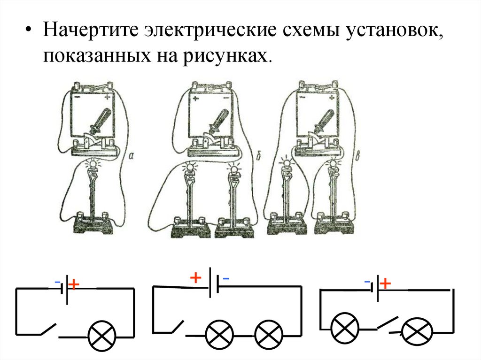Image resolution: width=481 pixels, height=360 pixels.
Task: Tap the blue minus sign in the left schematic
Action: [57, 282]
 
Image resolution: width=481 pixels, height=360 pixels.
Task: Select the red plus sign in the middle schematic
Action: [195, 278]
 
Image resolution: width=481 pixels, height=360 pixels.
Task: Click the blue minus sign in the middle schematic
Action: [226, 278]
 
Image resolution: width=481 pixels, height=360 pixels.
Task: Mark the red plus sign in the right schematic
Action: [385, 283]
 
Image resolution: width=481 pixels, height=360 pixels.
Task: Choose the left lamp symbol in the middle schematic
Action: [219, 334]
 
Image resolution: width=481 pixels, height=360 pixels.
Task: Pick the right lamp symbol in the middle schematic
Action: [268, 334]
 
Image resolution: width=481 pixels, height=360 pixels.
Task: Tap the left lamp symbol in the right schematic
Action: [345, 327]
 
